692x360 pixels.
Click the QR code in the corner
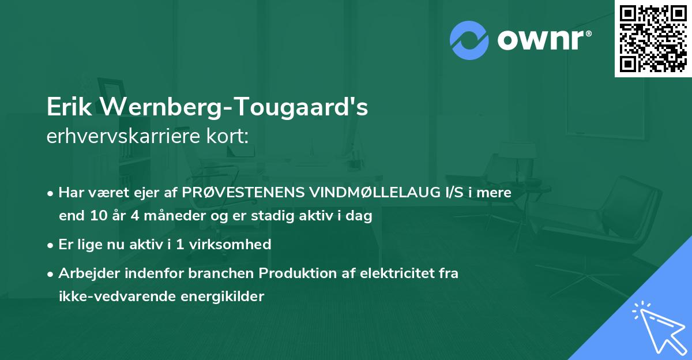coord(653,38)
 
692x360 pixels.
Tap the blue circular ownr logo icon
coord(469,40)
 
